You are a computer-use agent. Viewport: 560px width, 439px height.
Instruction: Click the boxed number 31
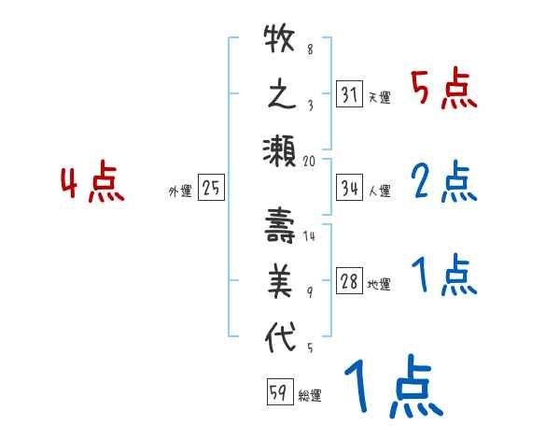point(349,94)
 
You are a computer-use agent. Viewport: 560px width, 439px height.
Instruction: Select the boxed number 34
point(349,188)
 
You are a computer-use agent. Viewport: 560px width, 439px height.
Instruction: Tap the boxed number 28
point(349,282)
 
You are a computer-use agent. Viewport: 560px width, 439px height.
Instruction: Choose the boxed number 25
point(211,189)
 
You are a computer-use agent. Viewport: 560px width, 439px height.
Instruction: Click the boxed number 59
point(278,392)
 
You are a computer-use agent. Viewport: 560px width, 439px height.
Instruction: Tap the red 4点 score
point(93,183)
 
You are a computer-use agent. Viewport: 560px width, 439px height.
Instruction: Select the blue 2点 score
point(444,182)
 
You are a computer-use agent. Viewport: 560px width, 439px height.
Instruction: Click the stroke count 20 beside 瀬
point(311,161)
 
